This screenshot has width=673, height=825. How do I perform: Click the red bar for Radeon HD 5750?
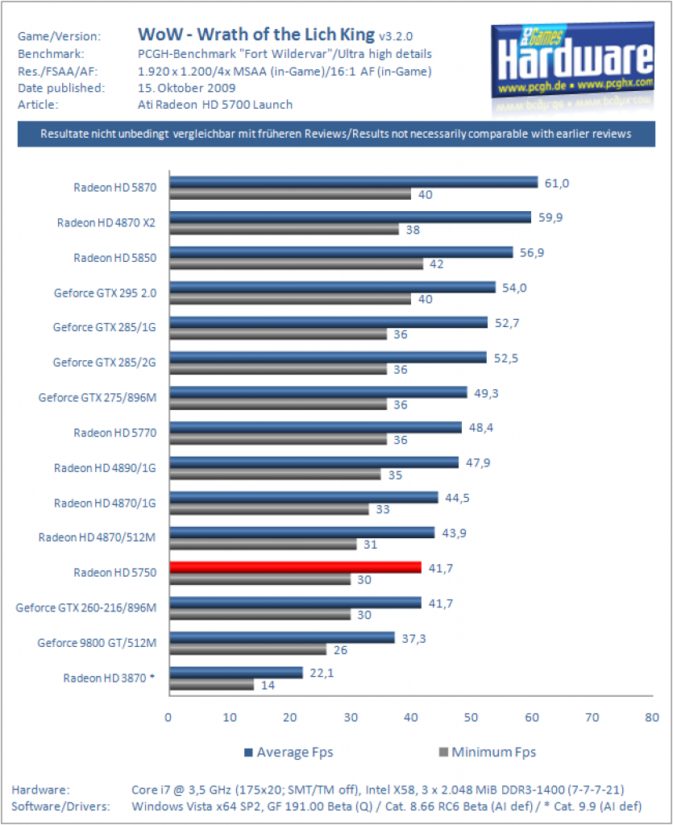pyautogui.click(x=295, y=567)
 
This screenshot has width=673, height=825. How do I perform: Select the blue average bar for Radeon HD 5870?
pyautogui.click(x=354, y=182)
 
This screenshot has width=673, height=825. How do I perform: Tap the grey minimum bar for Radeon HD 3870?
pyautogui.click(x=211, y=685)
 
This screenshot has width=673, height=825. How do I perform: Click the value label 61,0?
pyautogui.click(x=557, y=183)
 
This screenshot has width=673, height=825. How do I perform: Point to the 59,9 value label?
pyautogui.click(x=550, y=218)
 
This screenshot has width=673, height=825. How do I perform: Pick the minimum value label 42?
pyautogui.click(x=437, y=264)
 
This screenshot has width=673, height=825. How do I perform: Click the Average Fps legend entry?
pyautogui.click(x=289, y=752)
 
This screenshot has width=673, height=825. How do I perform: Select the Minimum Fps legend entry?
pyautogui.click(x=488, y=752)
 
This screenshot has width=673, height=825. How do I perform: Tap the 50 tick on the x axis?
pyautogui.click(x=471, y=718)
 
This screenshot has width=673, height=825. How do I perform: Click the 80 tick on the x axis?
pyautogui.click(x=652, y=718)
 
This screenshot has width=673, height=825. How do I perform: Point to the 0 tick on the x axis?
pyautogui.click(x=168, y=718)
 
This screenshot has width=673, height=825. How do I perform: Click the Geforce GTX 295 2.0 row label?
pyautogui.click(x=106, y=293)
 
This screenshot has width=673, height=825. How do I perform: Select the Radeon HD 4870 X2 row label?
pyautogui.click(x=106, y=222)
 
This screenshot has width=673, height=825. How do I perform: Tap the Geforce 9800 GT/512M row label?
pyautogui.click(x=97, y=643)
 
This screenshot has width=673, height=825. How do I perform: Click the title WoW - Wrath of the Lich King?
pyautogui.click(x=256, y=34)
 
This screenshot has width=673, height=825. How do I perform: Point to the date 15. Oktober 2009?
pyautogui.click(x=187, y=88)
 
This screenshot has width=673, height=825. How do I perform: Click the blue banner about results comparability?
pyautogui.click(x=336, y=134)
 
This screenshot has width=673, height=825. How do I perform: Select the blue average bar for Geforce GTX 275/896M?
pyautogui.click(x=318, y=392)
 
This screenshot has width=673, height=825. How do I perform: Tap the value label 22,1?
pyautogui.click(x=322, y=673)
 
